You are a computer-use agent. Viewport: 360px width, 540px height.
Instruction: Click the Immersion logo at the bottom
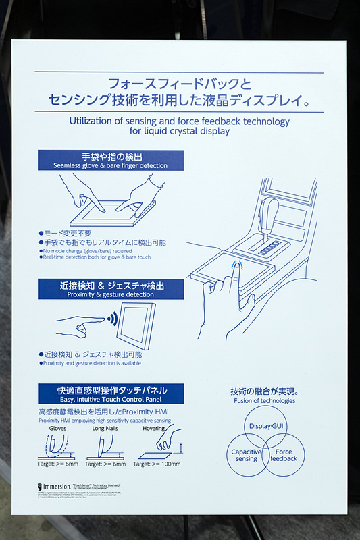pyautogui.click(x=55, y=486)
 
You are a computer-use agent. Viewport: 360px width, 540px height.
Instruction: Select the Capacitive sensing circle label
pyautogui.click(x=246, y=455)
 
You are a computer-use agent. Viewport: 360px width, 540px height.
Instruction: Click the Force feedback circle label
pyautogui.click(x=284, y=455)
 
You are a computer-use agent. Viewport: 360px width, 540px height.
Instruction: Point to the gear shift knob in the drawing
pyautogui.click(x=270, y=210)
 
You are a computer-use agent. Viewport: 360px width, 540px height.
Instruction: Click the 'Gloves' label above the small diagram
pyautogui.click(x=57, y=429)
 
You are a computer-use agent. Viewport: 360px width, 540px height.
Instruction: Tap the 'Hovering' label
pyautogui.click(x=153, y=429)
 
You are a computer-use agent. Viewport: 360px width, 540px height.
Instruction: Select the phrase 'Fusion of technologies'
pyautogui.click(x=265, y=401)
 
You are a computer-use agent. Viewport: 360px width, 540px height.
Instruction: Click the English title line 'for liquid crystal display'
pyautogui.click(x=179, y=132)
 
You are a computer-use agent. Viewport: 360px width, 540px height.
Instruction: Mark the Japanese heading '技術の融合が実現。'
pyautogui.click(x=265, y=391)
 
